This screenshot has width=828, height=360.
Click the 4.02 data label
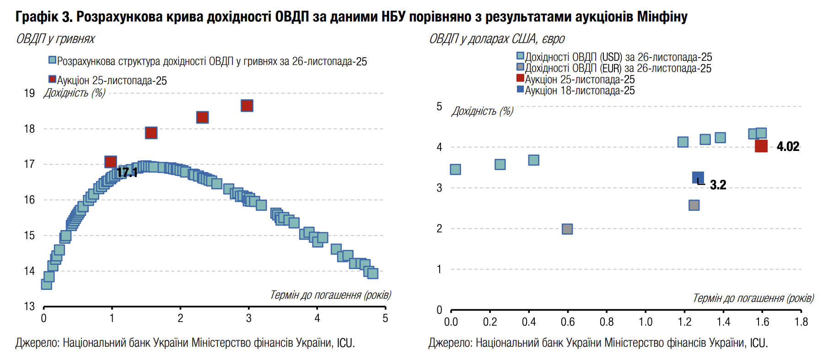point(788,146)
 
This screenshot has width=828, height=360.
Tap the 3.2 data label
point(718,185)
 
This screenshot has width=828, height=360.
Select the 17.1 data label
point(127,172)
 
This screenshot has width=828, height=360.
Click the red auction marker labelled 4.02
point(761,146)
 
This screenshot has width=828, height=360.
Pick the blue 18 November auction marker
point(698,177)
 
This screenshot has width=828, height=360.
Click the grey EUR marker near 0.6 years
point(567,229)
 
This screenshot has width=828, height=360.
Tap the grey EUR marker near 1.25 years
point(694,205)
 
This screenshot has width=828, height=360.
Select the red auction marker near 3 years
point(247,106)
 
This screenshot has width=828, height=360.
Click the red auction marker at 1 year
point(111,161)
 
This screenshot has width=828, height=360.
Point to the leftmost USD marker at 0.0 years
point(455,170)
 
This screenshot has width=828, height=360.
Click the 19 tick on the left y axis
point(29,93)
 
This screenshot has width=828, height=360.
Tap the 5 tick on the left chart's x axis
point(385,318)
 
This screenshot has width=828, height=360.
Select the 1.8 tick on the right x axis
point(801,322)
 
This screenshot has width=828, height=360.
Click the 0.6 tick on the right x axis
point(568,322)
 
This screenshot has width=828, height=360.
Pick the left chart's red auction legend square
point(52,80)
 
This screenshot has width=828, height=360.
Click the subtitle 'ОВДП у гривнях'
point(55,39)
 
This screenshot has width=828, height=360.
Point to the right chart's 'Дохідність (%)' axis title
point(483,111)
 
